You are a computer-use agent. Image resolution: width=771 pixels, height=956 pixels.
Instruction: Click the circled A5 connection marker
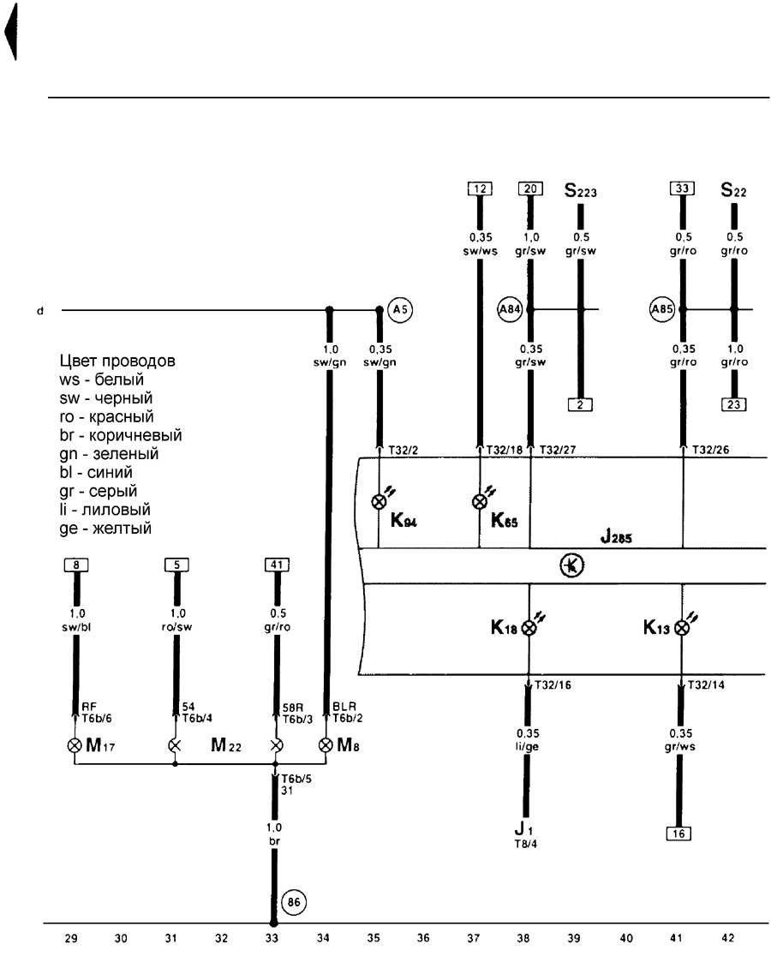(x=400, y=310)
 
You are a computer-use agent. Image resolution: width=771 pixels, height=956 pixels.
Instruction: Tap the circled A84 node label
(x=510, y=309)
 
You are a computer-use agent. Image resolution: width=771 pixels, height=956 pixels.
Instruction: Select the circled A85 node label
(x=662, y=309)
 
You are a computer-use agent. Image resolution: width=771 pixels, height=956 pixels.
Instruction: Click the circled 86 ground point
(x=294, y=902)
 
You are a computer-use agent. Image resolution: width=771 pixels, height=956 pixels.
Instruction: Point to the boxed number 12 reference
(x=480, y=188)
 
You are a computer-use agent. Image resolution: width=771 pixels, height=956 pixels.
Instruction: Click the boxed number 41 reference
(x=277, y=565)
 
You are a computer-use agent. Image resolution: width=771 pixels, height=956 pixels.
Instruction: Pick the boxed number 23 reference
(x=734, y=404)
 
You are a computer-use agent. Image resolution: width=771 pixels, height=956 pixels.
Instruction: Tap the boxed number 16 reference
(x=678, y=834)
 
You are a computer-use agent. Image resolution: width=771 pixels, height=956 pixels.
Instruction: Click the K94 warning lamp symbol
(x=380, y=501)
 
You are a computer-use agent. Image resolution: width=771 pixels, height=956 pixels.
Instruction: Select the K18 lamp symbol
(x=529, y=627)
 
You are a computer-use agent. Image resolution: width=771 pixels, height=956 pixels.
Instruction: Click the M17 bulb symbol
(x=75, y=745)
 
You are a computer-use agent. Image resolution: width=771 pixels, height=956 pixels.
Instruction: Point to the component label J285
(x=616, y=536)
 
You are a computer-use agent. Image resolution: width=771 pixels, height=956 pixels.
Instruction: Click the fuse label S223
(x=580, y=190)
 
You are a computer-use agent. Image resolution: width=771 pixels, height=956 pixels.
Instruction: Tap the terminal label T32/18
(x=504, y=450)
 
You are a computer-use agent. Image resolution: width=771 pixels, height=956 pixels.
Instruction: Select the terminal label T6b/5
(x=296, y=779)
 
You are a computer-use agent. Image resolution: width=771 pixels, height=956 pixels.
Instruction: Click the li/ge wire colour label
(x=527, y=746)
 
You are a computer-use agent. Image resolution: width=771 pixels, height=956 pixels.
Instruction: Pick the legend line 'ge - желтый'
(x=105, y=528)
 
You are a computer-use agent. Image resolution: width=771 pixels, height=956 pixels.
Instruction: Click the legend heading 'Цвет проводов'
(x=117, y=361)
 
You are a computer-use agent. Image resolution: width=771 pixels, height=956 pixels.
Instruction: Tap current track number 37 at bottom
(x=473, y=938)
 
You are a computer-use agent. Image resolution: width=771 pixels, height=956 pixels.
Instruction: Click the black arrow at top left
(x=10, y=32)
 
